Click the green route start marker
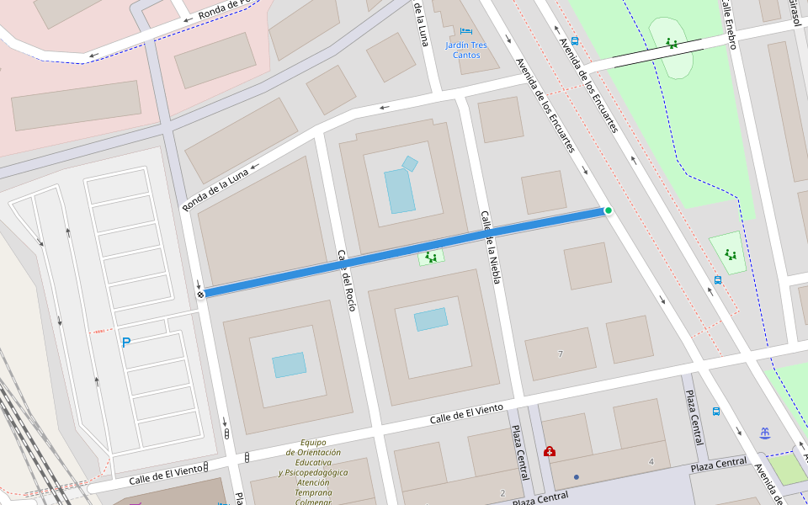coord(608,210)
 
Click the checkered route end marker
coord(200,294)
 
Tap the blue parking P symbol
coord(126,343)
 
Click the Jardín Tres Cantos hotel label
coord(467,50)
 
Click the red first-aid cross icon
coord(550,451)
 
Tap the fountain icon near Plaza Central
coord(764,433)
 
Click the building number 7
coord(561,353)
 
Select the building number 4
coord(651,462)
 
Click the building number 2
coord(502,492)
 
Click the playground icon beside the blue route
coord(431,258)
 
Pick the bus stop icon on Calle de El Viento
coord(716,412)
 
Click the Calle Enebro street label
coord(729,24)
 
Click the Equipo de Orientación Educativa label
coord(313,471)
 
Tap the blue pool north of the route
coord(400,190)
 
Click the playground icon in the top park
coord(671,43)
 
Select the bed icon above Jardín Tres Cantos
coord(466,31)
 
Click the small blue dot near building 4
coord(577,477)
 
